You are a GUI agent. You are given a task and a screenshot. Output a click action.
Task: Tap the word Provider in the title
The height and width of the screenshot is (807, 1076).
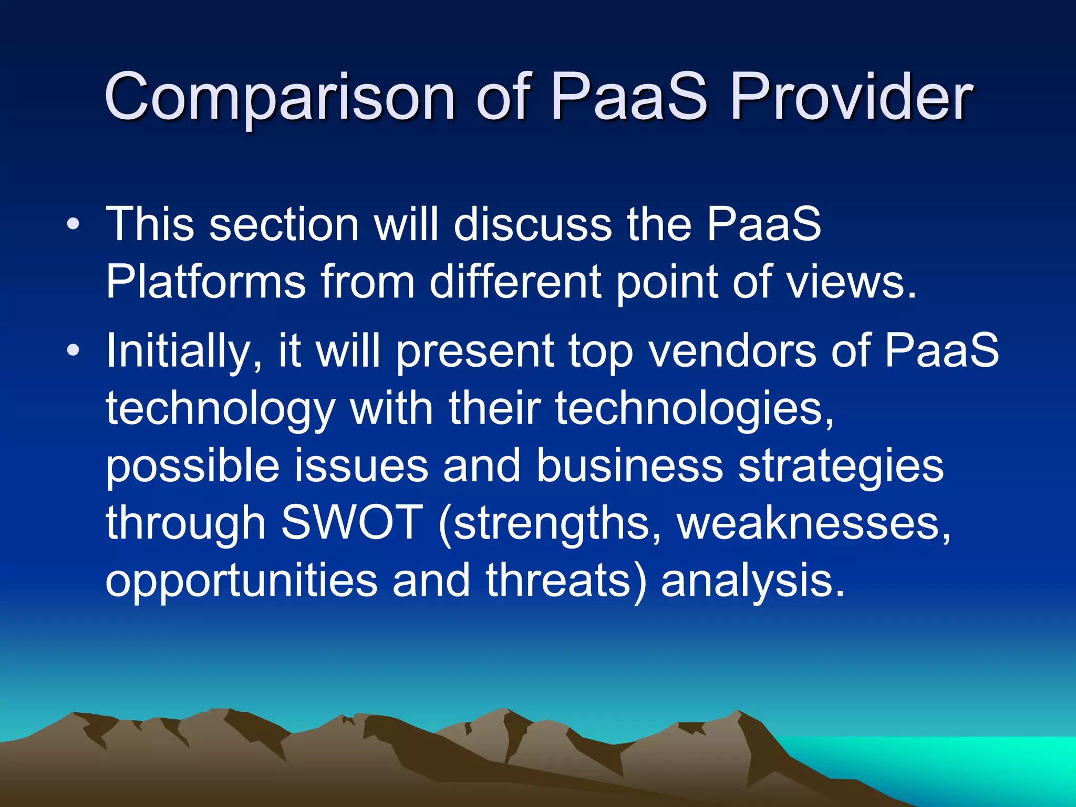point(851,97)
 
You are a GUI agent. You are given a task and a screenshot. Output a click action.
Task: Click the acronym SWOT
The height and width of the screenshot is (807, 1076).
point(352,522)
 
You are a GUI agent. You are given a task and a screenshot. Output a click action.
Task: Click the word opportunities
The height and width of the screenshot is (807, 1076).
point(242,581)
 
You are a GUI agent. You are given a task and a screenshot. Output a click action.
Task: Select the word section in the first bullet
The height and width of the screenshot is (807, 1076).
point(284,225)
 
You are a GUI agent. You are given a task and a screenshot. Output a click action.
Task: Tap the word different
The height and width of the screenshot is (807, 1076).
point(515,282)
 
